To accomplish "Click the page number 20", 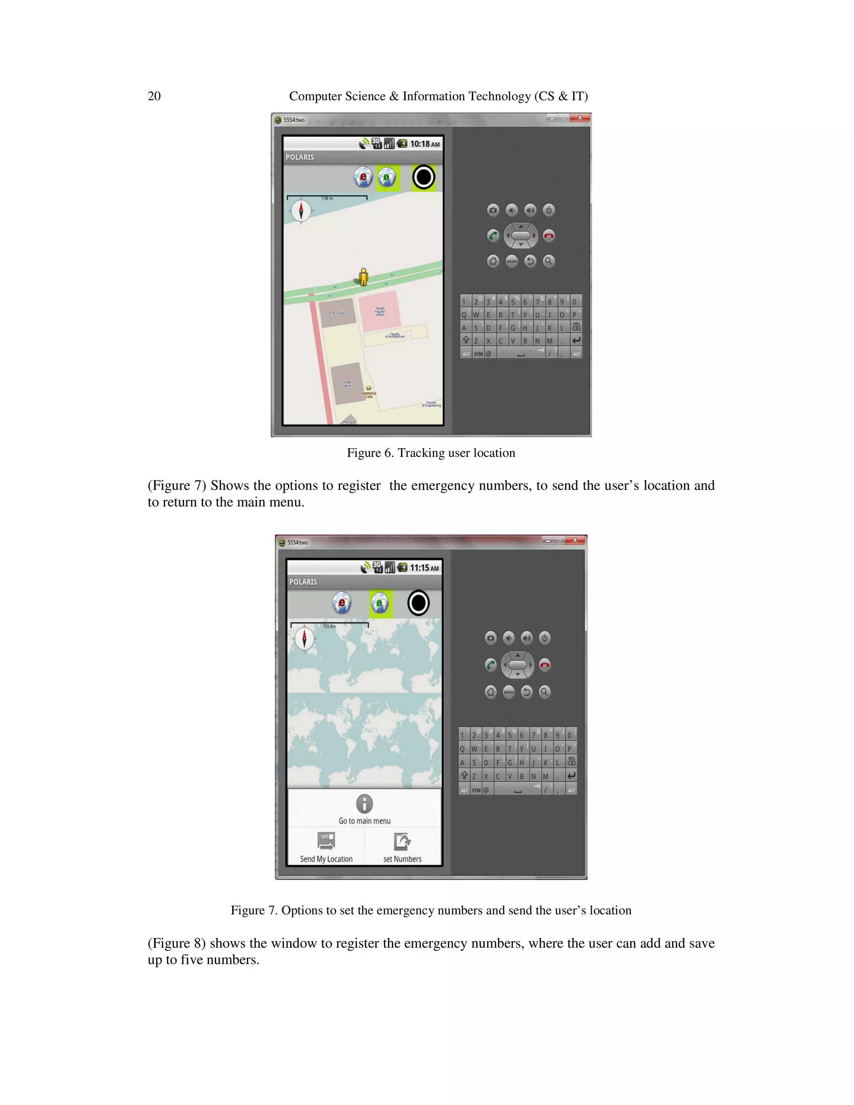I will coord(154,96).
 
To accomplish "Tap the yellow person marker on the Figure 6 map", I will coord(363,277).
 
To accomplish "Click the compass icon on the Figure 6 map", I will coord(301,211).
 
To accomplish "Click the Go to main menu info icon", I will coord(364,804).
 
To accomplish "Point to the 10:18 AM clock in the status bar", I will coord(424,144).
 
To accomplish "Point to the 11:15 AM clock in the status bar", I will coord(424,568).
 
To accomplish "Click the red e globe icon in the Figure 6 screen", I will coord(363,178).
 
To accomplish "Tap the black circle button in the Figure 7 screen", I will coord(418,603).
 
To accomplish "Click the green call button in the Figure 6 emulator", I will coord(493,236).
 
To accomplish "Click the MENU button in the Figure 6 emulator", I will coord(512,261).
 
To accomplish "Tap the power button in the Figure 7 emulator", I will coord(544,638).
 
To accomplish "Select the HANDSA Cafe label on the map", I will coord(369,394).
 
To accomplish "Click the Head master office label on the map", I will coord(379,311).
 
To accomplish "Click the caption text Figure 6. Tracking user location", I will coord(430,453).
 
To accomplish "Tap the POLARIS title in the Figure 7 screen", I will coord(303,582).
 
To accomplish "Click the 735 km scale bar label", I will coord(329,626).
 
